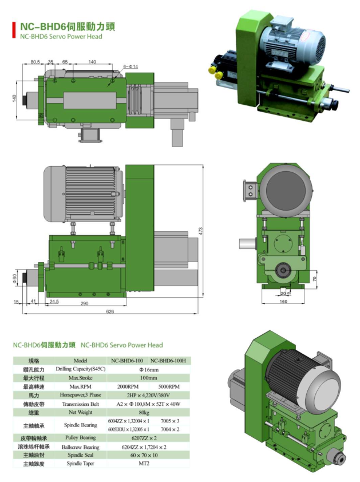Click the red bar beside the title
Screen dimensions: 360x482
(x=14, y=30)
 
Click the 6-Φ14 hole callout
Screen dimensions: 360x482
(x=130, y=67)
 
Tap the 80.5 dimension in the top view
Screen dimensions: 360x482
(x=35, y=62)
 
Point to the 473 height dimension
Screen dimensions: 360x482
(x=200, y=231)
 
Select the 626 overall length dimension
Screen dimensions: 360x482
(x=110, y=311)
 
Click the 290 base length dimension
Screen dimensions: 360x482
(x=85, y=303)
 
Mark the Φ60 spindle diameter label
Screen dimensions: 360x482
(x=14, y=278)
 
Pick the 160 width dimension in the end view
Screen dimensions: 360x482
(x=283, y=302)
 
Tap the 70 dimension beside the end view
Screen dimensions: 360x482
(x=314, y=279)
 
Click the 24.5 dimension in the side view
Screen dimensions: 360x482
(x=54, y=302)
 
